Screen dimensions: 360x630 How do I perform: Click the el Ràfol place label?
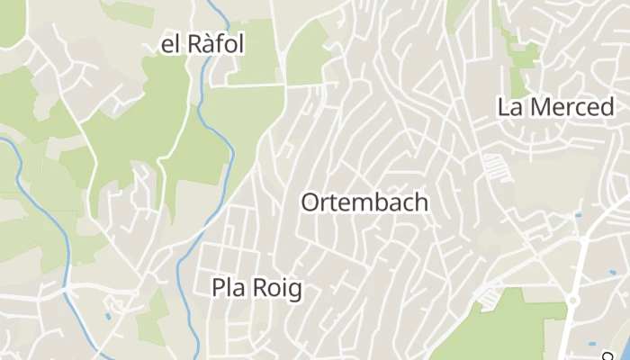(x=202, y=43)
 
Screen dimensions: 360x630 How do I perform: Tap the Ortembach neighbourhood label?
(x=364, y=202)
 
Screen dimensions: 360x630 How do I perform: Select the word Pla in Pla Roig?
(x=229, y=288)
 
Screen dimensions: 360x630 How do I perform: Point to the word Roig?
(x=275, y=288)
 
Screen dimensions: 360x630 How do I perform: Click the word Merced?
(x=568, y=106)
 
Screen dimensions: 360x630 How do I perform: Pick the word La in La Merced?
(x=510, y=106)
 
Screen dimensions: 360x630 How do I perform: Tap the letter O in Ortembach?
(x=310, y=202)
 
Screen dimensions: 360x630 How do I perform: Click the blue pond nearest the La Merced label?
(x=577, y=214)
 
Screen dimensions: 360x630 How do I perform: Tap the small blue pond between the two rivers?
(x=108, y=316)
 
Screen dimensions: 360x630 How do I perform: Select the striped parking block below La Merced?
(x=494, y=166)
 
